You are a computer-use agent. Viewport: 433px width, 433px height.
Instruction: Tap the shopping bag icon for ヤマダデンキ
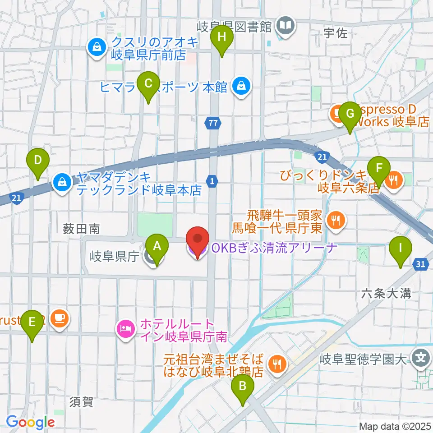(60, 182)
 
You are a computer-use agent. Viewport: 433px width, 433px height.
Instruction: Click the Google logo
(30, 422)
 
